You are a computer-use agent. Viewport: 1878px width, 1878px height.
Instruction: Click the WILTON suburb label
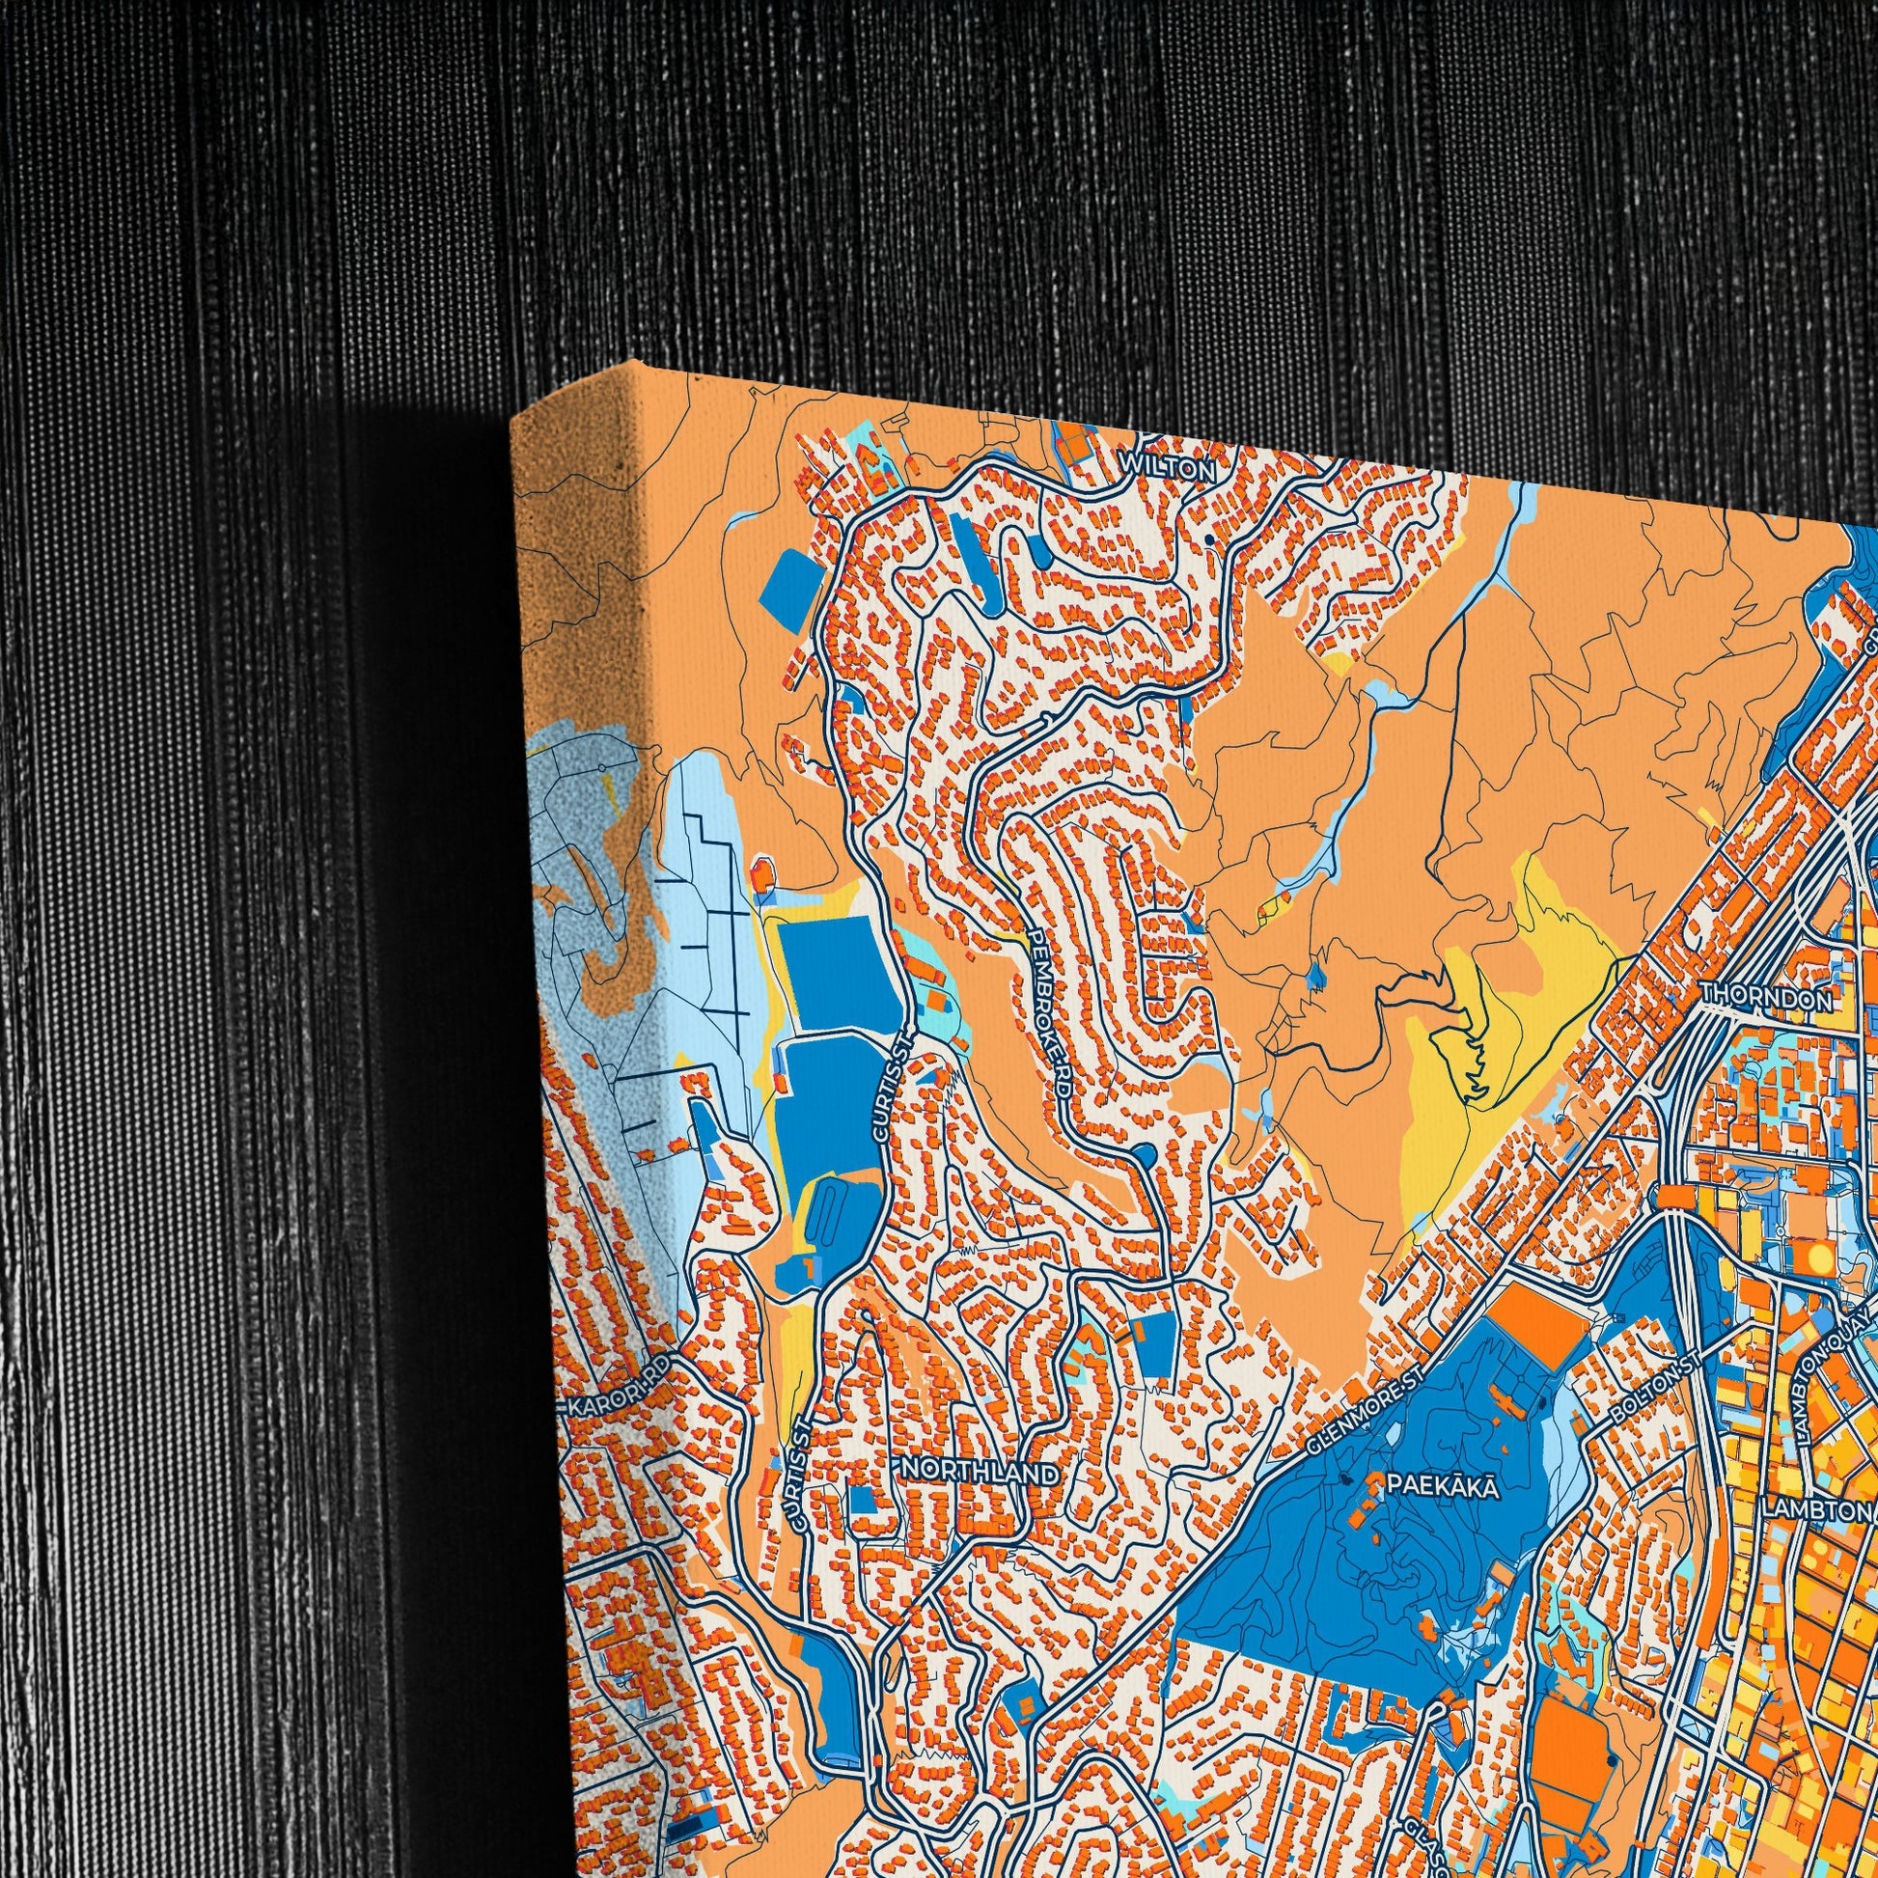tap(1168, 468)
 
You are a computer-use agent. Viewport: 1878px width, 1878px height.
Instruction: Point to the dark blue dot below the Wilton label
tap(1208, 539)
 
